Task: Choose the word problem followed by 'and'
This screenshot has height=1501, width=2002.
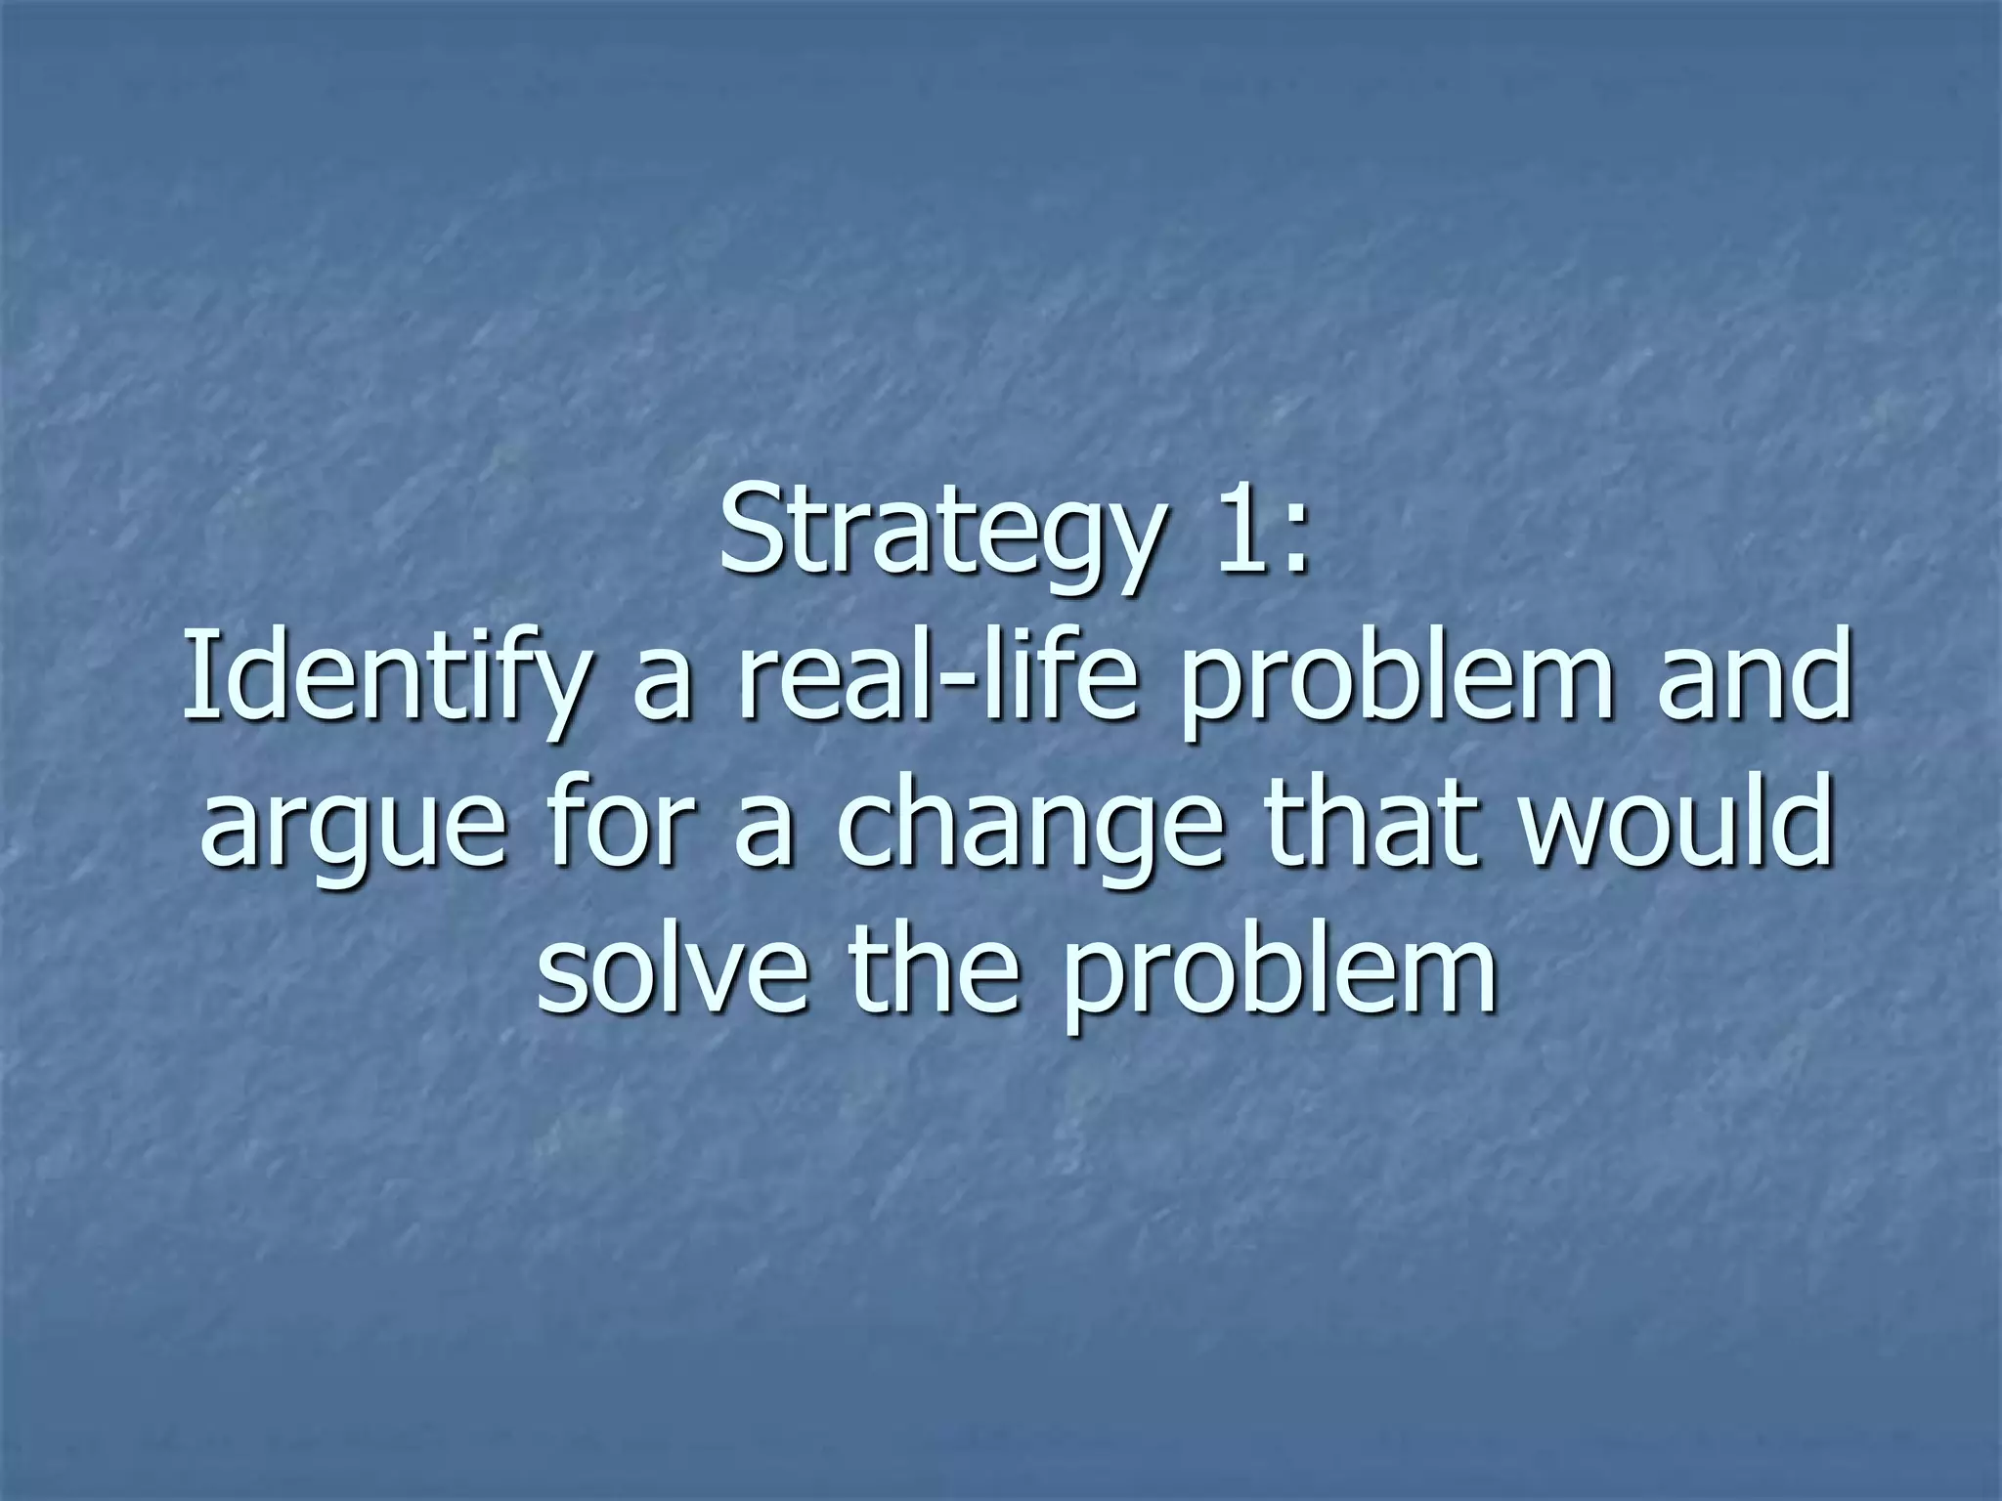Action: click(x=1400, y=681)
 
